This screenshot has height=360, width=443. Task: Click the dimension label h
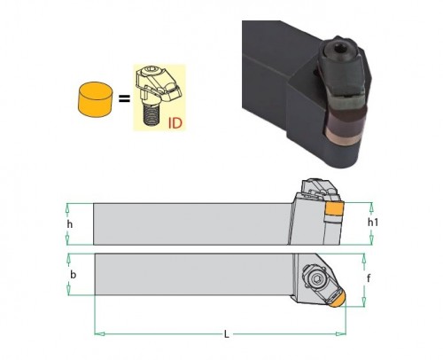[70, 224]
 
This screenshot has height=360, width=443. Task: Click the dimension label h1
[373, 223]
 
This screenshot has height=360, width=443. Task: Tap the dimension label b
[73, 275]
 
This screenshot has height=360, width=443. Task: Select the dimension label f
[369, 278]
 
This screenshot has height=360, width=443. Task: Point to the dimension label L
[226, 334]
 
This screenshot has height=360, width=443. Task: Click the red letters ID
[175, 123]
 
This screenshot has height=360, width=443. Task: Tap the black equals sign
[124, 98]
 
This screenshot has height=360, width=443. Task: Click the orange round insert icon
[96, 99]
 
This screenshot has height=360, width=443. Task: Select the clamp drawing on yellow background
[159, 98]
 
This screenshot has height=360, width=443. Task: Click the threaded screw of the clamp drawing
[152, 113]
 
